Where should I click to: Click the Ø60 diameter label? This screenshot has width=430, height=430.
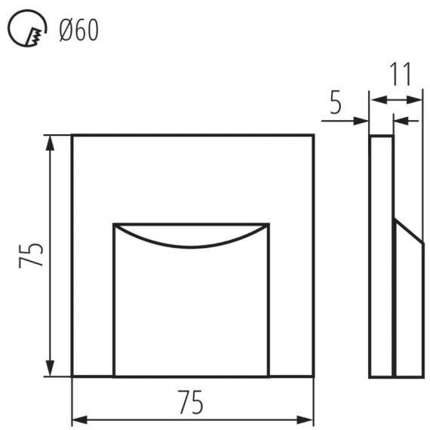[79, 31]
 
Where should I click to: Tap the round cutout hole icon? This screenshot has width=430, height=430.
[26, 29]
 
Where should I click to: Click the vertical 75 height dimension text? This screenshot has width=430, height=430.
[31, 256]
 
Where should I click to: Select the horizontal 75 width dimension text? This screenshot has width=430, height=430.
[192, 404]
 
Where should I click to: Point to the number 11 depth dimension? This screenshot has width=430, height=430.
[401, 75]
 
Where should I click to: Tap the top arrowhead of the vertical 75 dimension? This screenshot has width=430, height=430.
[51, 140]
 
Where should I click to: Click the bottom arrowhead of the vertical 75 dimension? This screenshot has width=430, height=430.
[51, 370]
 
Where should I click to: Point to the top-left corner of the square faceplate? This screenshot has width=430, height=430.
[72, 136]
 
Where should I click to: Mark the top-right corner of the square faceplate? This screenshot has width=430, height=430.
[313, 136]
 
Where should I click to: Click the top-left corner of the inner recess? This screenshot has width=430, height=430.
[114, 225]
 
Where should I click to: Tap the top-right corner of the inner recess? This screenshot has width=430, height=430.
[269, 225]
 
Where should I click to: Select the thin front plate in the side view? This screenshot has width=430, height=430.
[381, 256]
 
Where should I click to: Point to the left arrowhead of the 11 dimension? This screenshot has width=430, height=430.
[375, 99]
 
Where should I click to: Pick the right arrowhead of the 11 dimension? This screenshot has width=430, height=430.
[416, 99]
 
